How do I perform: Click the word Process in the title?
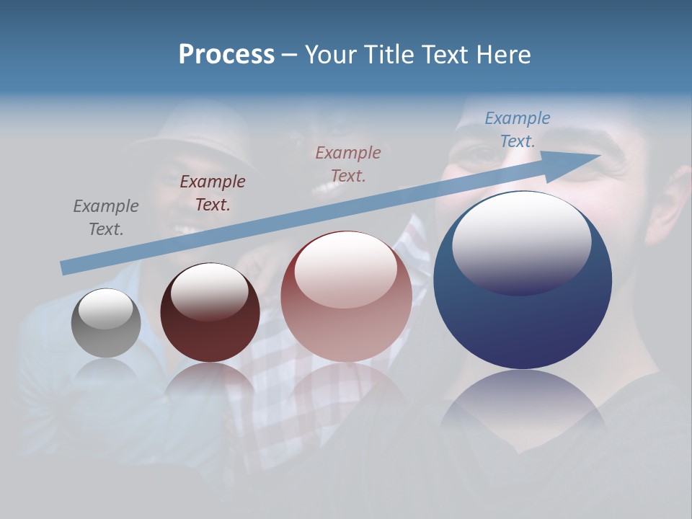226,54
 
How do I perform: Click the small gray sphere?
106,323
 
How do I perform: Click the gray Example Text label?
105,217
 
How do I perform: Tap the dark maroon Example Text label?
212,192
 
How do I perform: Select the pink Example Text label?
348,164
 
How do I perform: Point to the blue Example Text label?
517,129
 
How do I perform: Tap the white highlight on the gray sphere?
106,308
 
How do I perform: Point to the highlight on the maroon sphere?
209,290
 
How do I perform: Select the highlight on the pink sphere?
345,270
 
